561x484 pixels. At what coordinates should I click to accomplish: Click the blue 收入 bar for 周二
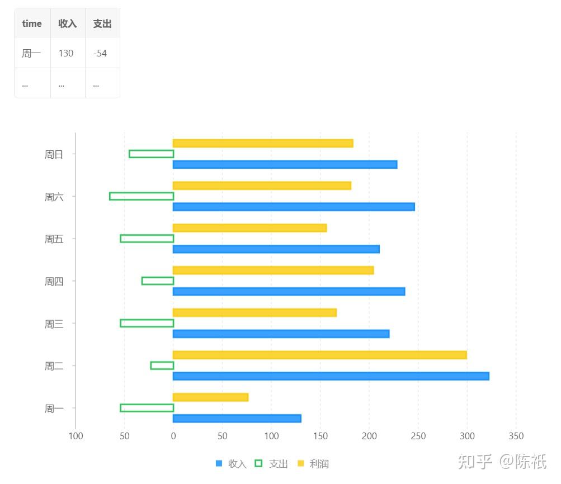tap(331, 376)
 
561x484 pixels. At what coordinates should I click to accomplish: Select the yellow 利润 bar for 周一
tap(210, 397)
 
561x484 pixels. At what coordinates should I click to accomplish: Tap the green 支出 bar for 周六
tap(142, 196)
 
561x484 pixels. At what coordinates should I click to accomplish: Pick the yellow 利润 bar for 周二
tap(319, 355)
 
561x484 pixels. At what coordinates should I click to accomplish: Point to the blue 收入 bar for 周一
tap(237, 419)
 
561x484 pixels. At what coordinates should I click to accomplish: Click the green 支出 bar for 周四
tap(158, 281)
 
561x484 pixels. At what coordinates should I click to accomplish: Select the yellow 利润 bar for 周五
tap(249, 228)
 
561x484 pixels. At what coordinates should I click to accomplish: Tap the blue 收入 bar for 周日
tap(285, 164)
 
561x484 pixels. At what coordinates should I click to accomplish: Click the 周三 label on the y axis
tap(54, 324)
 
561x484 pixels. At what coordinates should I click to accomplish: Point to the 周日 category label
tap(54, 155)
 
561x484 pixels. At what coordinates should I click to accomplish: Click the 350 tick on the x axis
tap(516, 436)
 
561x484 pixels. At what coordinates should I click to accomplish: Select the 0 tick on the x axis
tap(173, 436)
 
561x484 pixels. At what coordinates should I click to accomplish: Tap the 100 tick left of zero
tap(76, 436)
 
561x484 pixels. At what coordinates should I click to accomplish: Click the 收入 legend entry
tap(231, 464)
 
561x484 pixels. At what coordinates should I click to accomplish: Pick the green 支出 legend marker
tap(258, 463)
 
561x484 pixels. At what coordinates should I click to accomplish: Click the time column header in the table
tap(32, 23)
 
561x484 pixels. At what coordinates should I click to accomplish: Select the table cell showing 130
tap(66, 53)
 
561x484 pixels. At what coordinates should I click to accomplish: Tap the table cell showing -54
tap(100, 53)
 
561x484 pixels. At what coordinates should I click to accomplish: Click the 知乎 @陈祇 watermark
tap(502, 462)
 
